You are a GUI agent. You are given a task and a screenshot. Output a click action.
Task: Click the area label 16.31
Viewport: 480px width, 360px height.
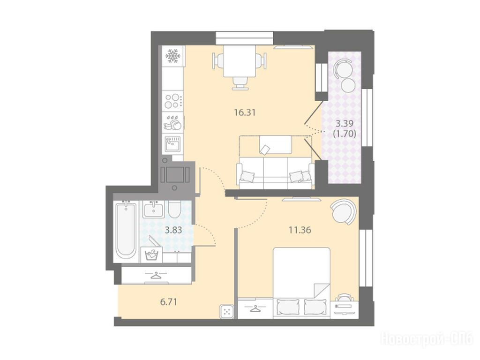point(245,112)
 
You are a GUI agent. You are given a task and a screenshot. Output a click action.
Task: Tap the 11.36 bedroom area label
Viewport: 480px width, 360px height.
point(300,230)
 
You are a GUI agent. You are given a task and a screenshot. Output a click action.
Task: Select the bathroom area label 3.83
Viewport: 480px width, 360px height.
point(173,230)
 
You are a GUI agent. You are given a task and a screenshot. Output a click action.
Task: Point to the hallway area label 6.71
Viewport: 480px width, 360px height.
point(169,302)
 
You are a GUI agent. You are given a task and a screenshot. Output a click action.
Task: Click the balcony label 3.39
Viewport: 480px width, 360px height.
point(345,124)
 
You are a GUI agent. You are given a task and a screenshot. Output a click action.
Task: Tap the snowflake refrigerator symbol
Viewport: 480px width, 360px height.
point(173,56)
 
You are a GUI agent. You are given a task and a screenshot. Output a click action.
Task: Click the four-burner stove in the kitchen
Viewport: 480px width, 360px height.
point(173,101)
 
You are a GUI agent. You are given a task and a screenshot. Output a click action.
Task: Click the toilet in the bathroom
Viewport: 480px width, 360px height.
point(175,209)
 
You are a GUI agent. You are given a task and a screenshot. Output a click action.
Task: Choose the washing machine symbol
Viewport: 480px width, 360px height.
point(151,255)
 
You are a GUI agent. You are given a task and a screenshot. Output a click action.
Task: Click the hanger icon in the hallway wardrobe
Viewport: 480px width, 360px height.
point(157,275)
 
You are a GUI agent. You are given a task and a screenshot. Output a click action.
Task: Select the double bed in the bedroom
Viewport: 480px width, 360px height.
point(302,283)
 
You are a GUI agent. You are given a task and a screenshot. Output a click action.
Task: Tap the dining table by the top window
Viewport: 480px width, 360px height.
point(239,61)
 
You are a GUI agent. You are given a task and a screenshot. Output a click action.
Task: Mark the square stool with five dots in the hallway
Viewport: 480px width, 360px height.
point(227,312)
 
